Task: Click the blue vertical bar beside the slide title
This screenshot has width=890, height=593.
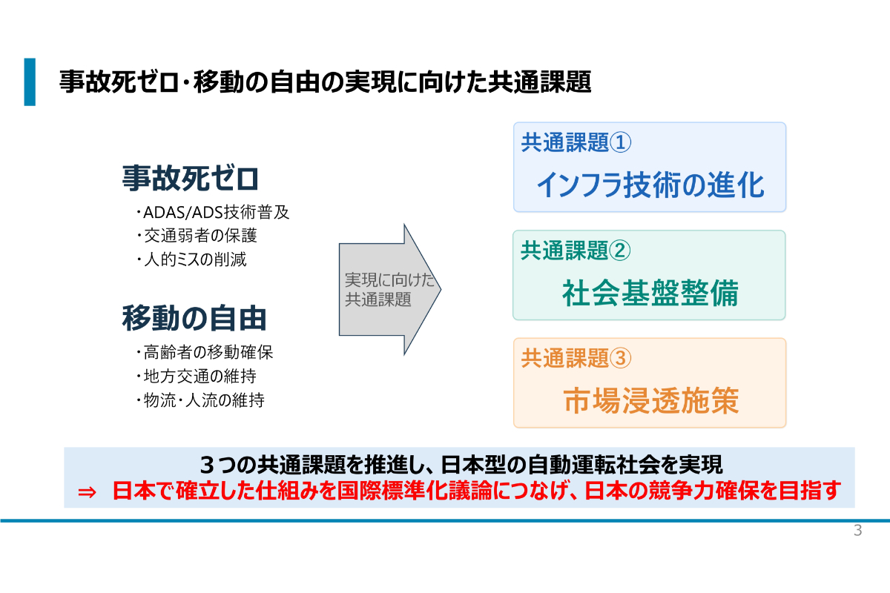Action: [x=30, y=82]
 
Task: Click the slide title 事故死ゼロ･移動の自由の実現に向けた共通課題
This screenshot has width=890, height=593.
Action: [x=326, y=82]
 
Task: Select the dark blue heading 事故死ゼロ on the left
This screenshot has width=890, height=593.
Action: [x=191, y=179]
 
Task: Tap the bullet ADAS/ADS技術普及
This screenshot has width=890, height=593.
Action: [x=213, y=213]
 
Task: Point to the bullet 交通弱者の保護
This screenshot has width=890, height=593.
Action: [x=197, y=236]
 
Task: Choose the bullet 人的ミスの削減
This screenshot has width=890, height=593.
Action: [x=191, y=259]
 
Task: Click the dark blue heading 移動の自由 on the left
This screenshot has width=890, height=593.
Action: [x=194, y=318]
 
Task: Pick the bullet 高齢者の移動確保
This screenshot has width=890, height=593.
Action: [x=205, y=352]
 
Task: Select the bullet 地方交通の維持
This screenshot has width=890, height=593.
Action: [x=197, y=376]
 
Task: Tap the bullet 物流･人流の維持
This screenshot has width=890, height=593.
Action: [x=200, y=400]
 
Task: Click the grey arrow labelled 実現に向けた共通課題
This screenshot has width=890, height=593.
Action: [x=390, y=290]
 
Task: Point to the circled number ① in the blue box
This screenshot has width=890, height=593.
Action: [x=620, y=142]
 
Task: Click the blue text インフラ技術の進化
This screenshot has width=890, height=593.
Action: [x=650, y=185]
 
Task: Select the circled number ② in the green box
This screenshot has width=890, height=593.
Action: [x=620, y=251]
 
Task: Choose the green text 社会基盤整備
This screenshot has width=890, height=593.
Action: [x=650, y=293]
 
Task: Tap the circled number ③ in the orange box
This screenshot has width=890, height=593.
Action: [x=620, y=358]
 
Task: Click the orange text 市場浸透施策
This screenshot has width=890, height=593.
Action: [x=651, y=401]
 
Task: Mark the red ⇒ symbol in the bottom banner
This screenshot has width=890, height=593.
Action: [x=87, y=492]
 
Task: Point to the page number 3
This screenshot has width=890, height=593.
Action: [x=858, y=530]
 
